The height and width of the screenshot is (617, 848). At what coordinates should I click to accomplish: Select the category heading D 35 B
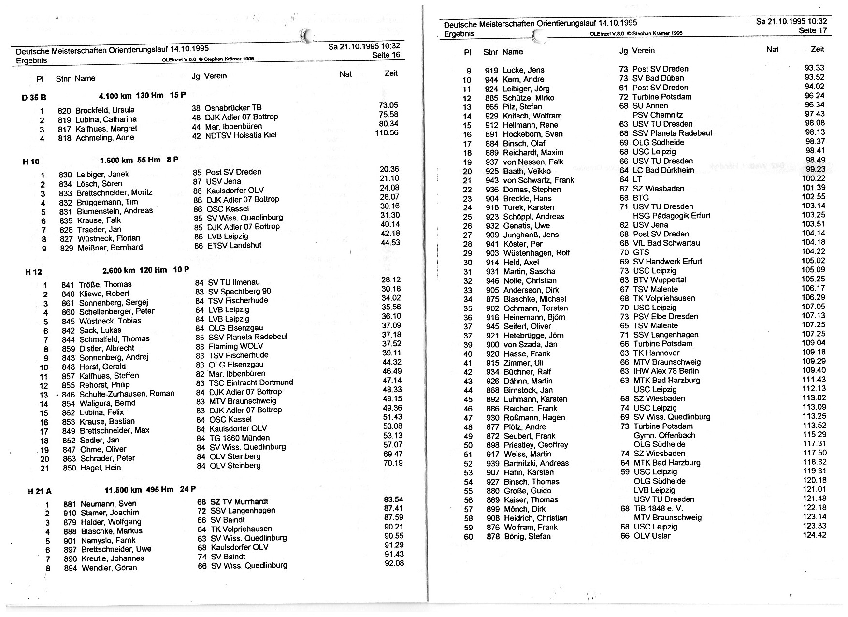point(34,97)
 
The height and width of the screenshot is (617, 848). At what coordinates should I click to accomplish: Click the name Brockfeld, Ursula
point(105,110)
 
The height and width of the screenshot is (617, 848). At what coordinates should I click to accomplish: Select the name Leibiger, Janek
point(102,175)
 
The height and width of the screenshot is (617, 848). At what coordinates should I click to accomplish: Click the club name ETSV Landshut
point(234,245)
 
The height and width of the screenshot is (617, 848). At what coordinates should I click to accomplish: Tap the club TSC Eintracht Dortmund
point(251,382)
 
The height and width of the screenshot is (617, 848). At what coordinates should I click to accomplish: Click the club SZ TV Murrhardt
point(239,502)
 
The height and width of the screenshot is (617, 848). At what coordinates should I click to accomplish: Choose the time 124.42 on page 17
point(815,535)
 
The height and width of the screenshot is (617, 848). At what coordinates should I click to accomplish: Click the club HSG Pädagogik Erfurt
point(672,216)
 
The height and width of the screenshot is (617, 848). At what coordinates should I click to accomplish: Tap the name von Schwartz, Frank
point(538,180)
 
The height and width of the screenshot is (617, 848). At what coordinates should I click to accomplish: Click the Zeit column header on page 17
point(817,49)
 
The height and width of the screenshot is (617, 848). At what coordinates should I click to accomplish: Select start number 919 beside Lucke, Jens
point(491,70)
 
